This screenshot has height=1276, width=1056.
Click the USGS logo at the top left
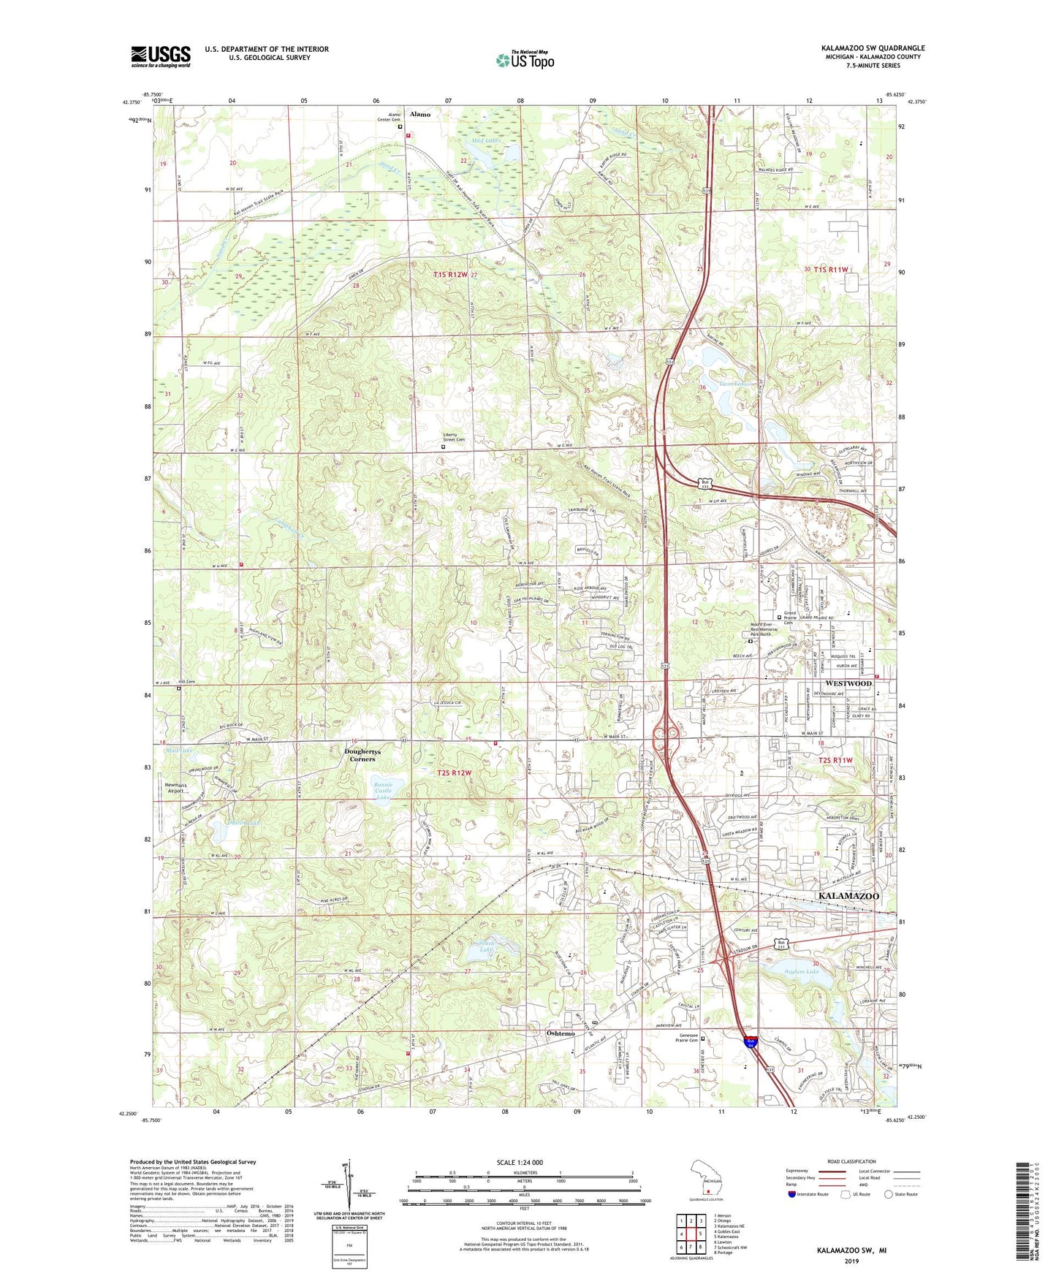coord(161,56)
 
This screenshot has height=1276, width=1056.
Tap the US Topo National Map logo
coord(525,60)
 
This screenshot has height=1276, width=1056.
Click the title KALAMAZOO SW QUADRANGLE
coord(872,48)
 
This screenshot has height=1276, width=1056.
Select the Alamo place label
coord(419,115)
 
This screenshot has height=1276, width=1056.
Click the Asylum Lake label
coord(797,971)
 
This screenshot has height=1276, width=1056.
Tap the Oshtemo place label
coord(561,1033)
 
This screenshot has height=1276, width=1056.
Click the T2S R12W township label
coord(455,772)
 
